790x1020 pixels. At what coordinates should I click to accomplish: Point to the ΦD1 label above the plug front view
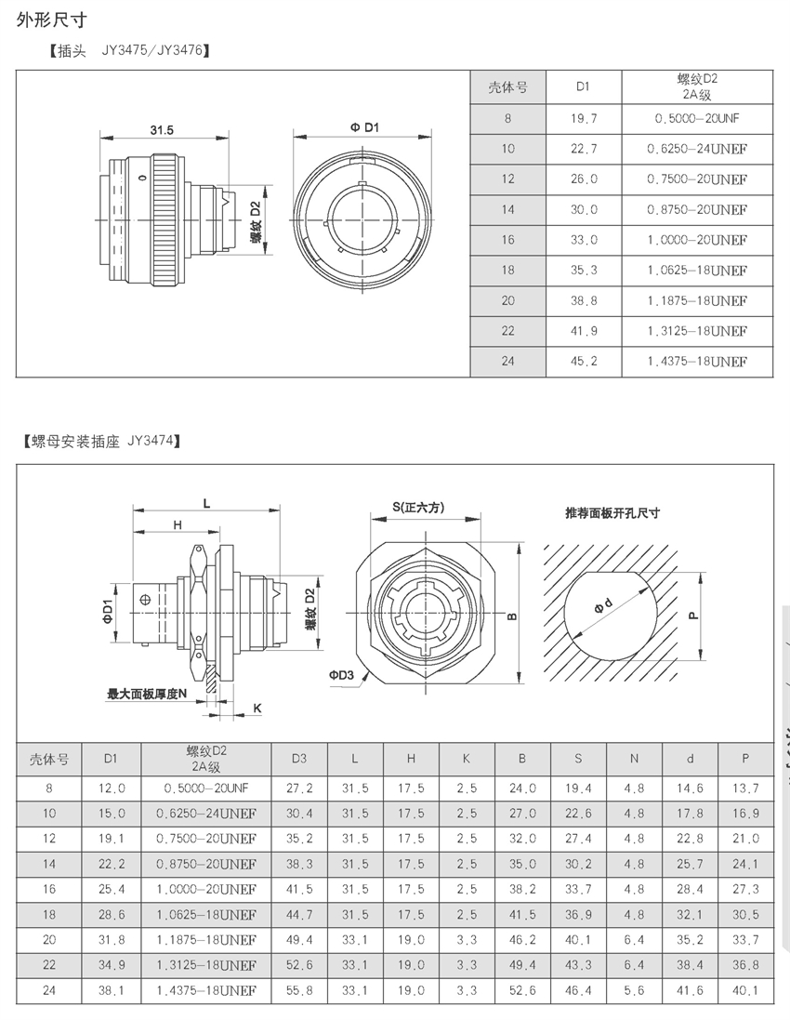coord(364,126)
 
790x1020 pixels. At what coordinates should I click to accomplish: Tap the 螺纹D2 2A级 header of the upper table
coord(696,87)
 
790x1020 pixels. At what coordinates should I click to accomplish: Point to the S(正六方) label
coord(417,507)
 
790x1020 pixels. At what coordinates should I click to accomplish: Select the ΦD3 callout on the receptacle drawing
coord(341,675)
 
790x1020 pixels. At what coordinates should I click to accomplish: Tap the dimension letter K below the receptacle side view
coord(257,708)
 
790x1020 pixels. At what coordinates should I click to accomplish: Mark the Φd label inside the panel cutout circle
coord(606,605)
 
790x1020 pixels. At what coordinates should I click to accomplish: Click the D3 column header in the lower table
coord(298,758)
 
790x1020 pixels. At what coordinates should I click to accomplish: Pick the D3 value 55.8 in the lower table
coord(298,991)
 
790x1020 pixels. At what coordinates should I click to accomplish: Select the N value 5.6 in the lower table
coord(634,991)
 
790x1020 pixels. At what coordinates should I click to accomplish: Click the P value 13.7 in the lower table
coord(745,788)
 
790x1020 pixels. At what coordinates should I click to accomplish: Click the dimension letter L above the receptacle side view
coord(206,502)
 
